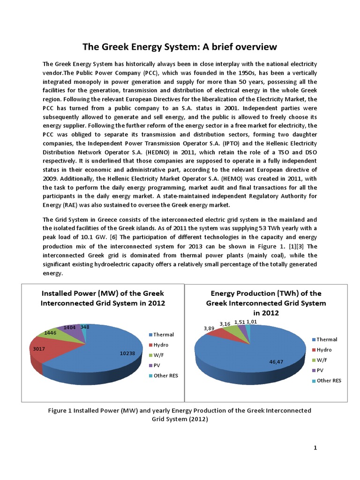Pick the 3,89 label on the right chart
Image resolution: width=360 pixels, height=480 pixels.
[209, 329]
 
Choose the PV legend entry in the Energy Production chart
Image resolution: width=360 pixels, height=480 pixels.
[321, 370]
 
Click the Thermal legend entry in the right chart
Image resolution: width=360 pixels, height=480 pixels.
[327, 339]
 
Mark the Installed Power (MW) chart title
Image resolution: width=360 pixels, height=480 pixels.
[103, 298]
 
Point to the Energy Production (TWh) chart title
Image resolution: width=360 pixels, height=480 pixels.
[266, 303]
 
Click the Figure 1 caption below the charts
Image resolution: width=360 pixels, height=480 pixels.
[180, 415]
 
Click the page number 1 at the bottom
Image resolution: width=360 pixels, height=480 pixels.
[315, 448]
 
